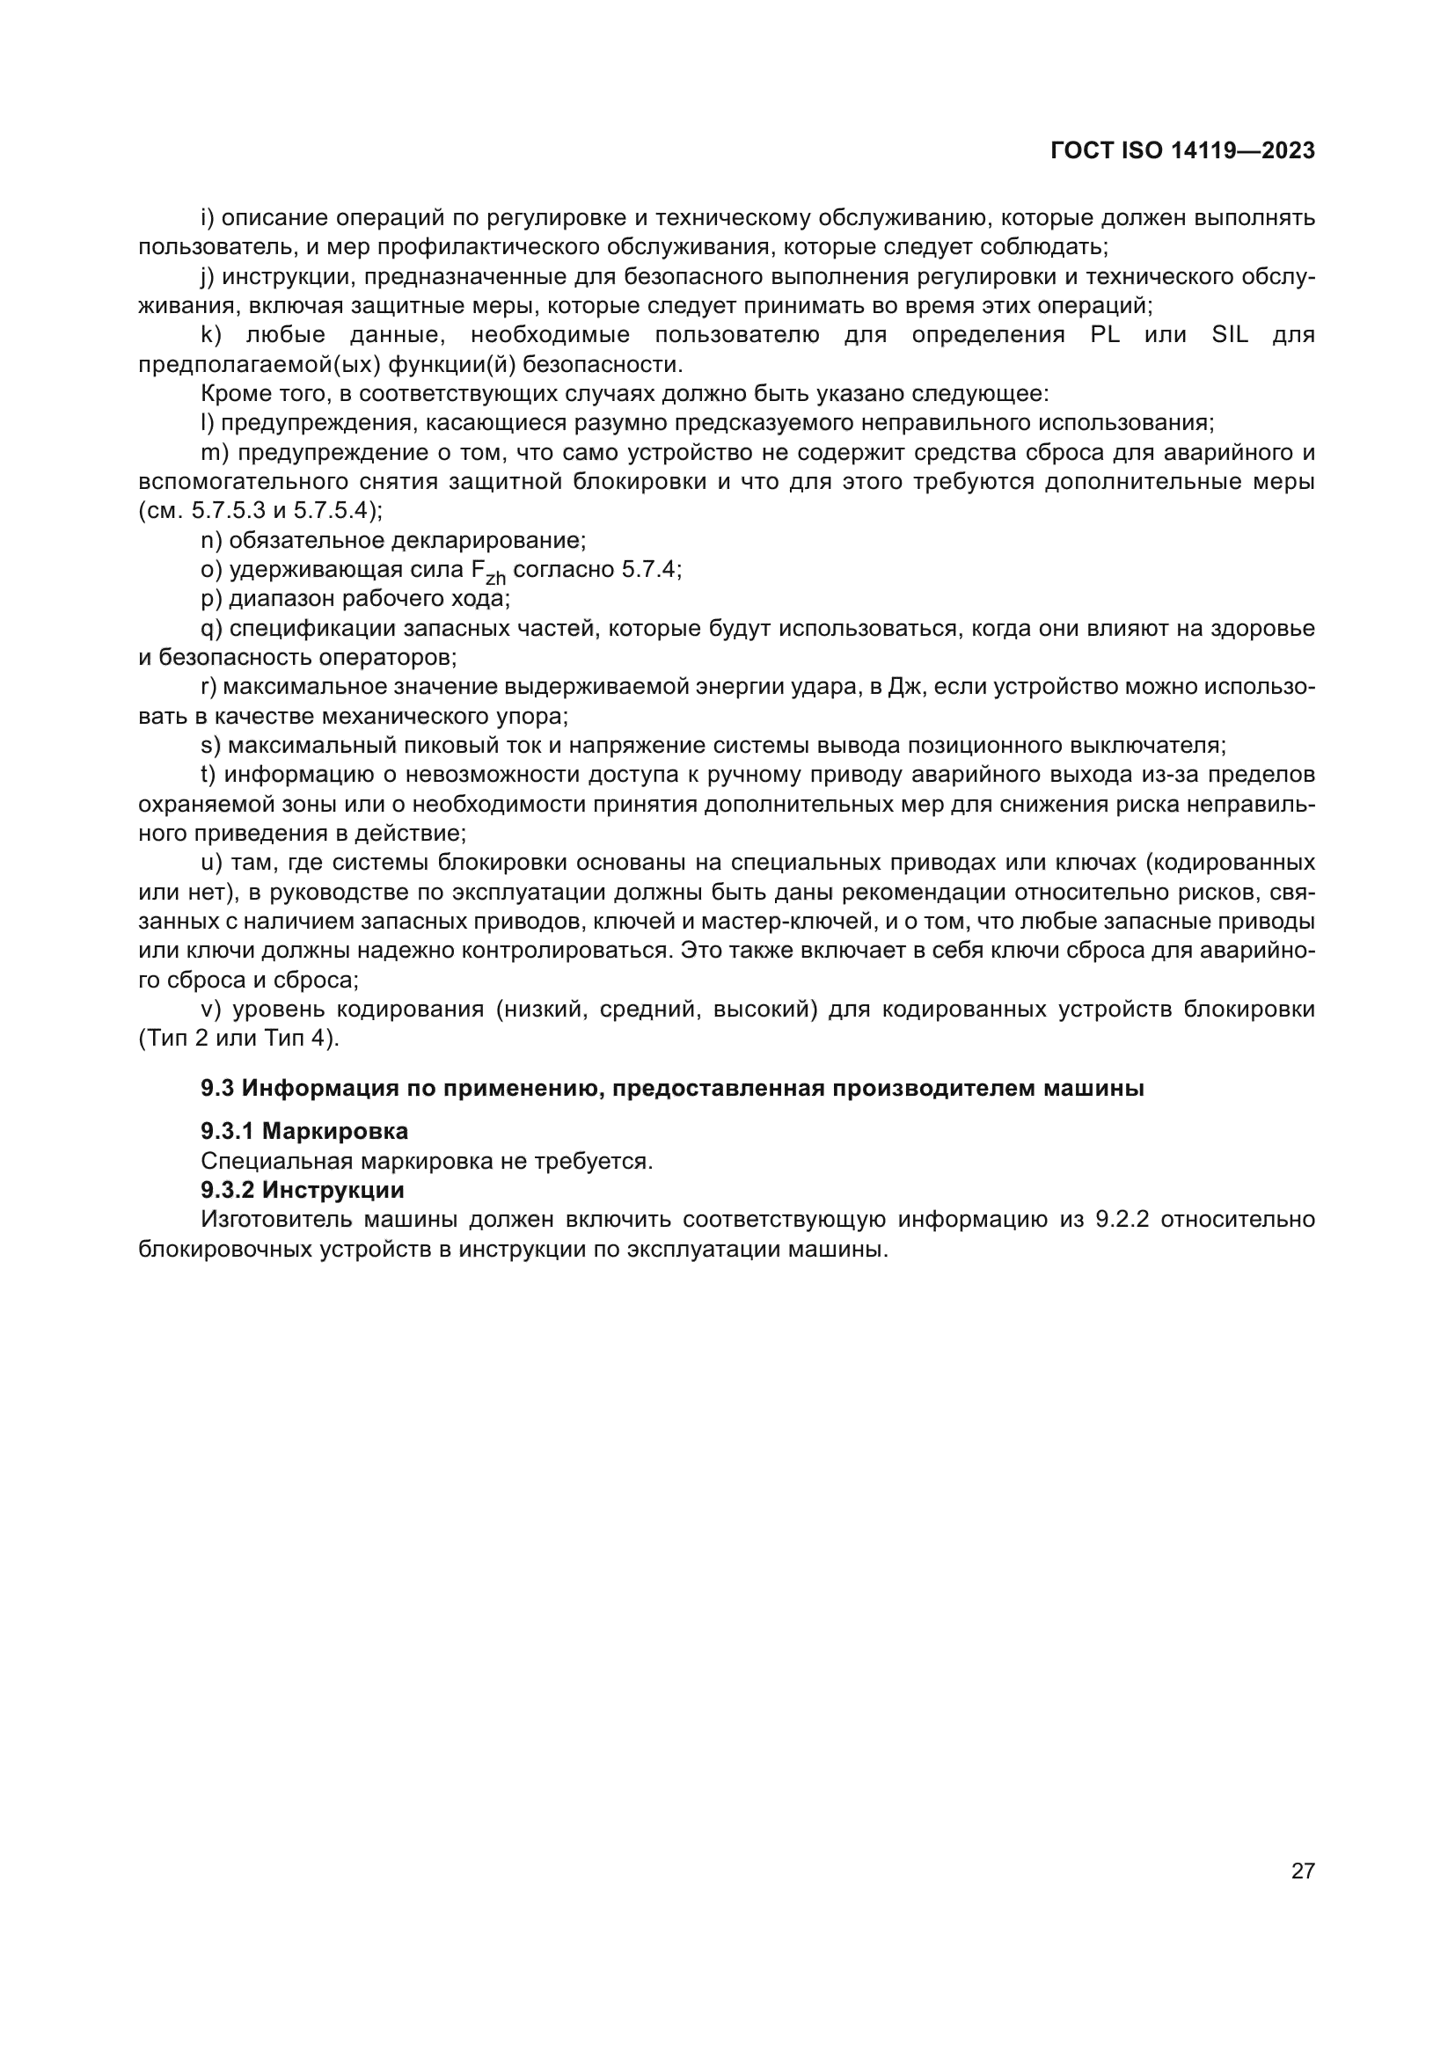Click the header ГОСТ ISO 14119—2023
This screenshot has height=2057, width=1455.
(1181, 150)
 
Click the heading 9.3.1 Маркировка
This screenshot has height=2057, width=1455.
(303, 1132)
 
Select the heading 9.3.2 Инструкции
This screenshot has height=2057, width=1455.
(302, 1190)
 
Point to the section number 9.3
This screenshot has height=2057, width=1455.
(216, 1089)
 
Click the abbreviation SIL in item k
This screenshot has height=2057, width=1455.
(1229, 336)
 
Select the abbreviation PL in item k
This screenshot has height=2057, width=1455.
(1105, 336)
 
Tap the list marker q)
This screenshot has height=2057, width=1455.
(211, 629)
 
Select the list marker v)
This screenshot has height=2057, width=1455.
(210, 1010)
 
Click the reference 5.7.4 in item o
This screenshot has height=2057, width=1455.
(650, 570)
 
